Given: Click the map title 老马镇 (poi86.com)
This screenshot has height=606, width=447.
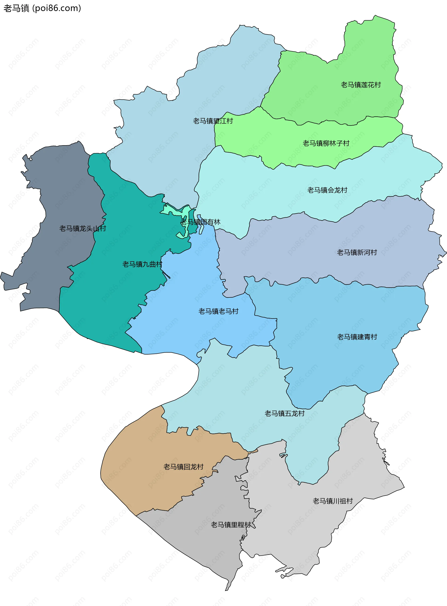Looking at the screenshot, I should (x=42, y=8).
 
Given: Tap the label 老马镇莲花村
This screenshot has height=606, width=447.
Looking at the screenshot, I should (x=361, y=85).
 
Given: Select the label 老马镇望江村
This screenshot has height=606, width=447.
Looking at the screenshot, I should (x=213, y=121).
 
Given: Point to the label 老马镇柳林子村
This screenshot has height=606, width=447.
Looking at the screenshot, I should (x=326, y=143).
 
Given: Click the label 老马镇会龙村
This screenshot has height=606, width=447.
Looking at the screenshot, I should (x=327, y=190).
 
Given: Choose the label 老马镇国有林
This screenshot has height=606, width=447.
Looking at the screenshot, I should (x=200, y=222).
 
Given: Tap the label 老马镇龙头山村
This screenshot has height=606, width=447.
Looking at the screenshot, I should (x=82, y=229).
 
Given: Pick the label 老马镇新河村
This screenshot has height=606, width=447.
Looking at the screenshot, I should (x=357, y=252).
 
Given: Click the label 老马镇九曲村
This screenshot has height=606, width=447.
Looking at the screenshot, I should (x=142, y=264).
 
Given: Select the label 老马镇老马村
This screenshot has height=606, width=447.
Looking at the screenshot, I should (x=218, y=311).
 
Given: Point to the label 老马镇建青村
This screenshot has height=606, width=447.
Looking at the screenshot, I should (x=357, y=337).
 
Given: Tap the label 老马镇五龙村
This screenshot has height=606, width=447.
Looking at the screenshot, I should (x=284, y=414).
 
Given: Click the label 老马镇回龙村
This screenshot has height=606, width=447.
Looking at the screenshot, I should (x=183, y=467).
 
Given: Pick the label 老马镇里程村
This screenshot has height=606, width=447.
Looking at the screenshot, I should (x=231, y=525).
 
